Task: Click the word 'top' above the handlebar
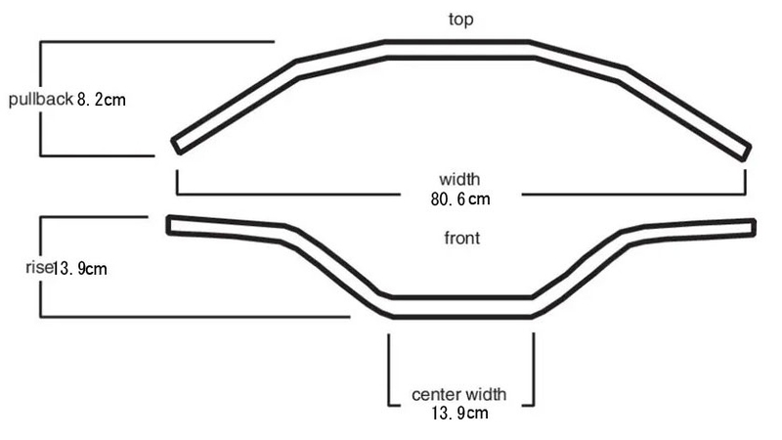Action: tap(460, 20)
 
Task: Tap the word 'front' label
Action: tap(461, 238)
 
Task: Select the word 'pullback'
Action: tap(41, 100)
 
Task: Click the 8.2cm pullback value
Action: tap(102, 100)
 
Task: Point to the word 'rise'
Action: tap(39, 267)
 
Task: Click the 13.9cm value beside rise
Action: tap(80, 269)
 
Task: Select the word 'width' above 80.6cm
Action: tap(459, 179)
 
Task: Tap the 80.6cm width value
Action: tap(460, 199)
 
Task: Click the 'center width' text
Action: tap(458, 395)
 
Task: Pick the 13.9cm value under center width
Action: tap(459, 413)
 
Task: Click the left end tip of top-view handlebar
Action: tap(176, 146)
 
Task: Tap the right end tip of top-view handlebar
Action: tap(747, 153)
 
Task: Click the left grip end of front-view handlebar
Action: tap(169, 225)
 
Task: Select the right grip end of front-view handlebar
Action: tap(754, 228)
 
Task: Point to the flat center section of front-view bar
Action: tap(461, 307)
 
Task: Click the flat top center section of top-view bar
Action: tap(457, 50)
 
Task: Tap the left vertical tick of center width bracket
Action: tap(389, 370)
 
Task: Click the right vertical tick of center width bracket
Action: tap(534, 370)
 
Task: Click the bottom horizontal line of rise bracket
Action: tap(195, 316)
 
